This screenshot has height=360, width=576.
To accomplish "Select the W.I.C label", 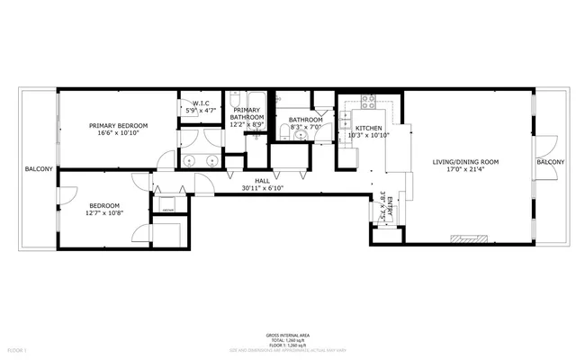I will point(201,103).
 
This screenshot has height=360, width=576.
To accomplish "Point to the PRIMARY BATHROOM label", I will point(248,113).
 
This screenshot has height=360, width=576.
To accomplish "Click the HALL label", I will point(262,181).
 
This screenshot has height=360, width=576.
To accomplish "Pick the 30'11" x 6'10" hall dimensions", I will point(262,189).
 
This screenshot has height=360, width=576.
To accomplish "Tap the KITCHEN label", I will point(368,129).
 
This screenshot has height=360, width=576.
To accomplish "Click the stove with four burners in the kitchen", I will point(367,101).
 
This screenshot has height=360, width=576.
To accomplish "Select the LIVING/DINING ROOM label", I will point(464,162).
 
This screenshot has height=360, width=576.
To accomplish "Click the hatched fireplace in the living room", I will point(470,241).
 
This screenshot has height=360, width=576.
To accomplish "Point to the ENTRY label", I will point(390,202).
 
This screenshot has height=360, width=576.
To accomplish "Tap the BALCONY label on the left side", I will point(38,169).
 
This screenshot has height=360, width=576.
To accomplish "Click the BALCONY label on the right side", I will point(550,162).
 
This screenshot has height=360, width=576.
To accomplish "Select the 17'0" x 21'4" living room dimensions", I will point(464,171).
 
